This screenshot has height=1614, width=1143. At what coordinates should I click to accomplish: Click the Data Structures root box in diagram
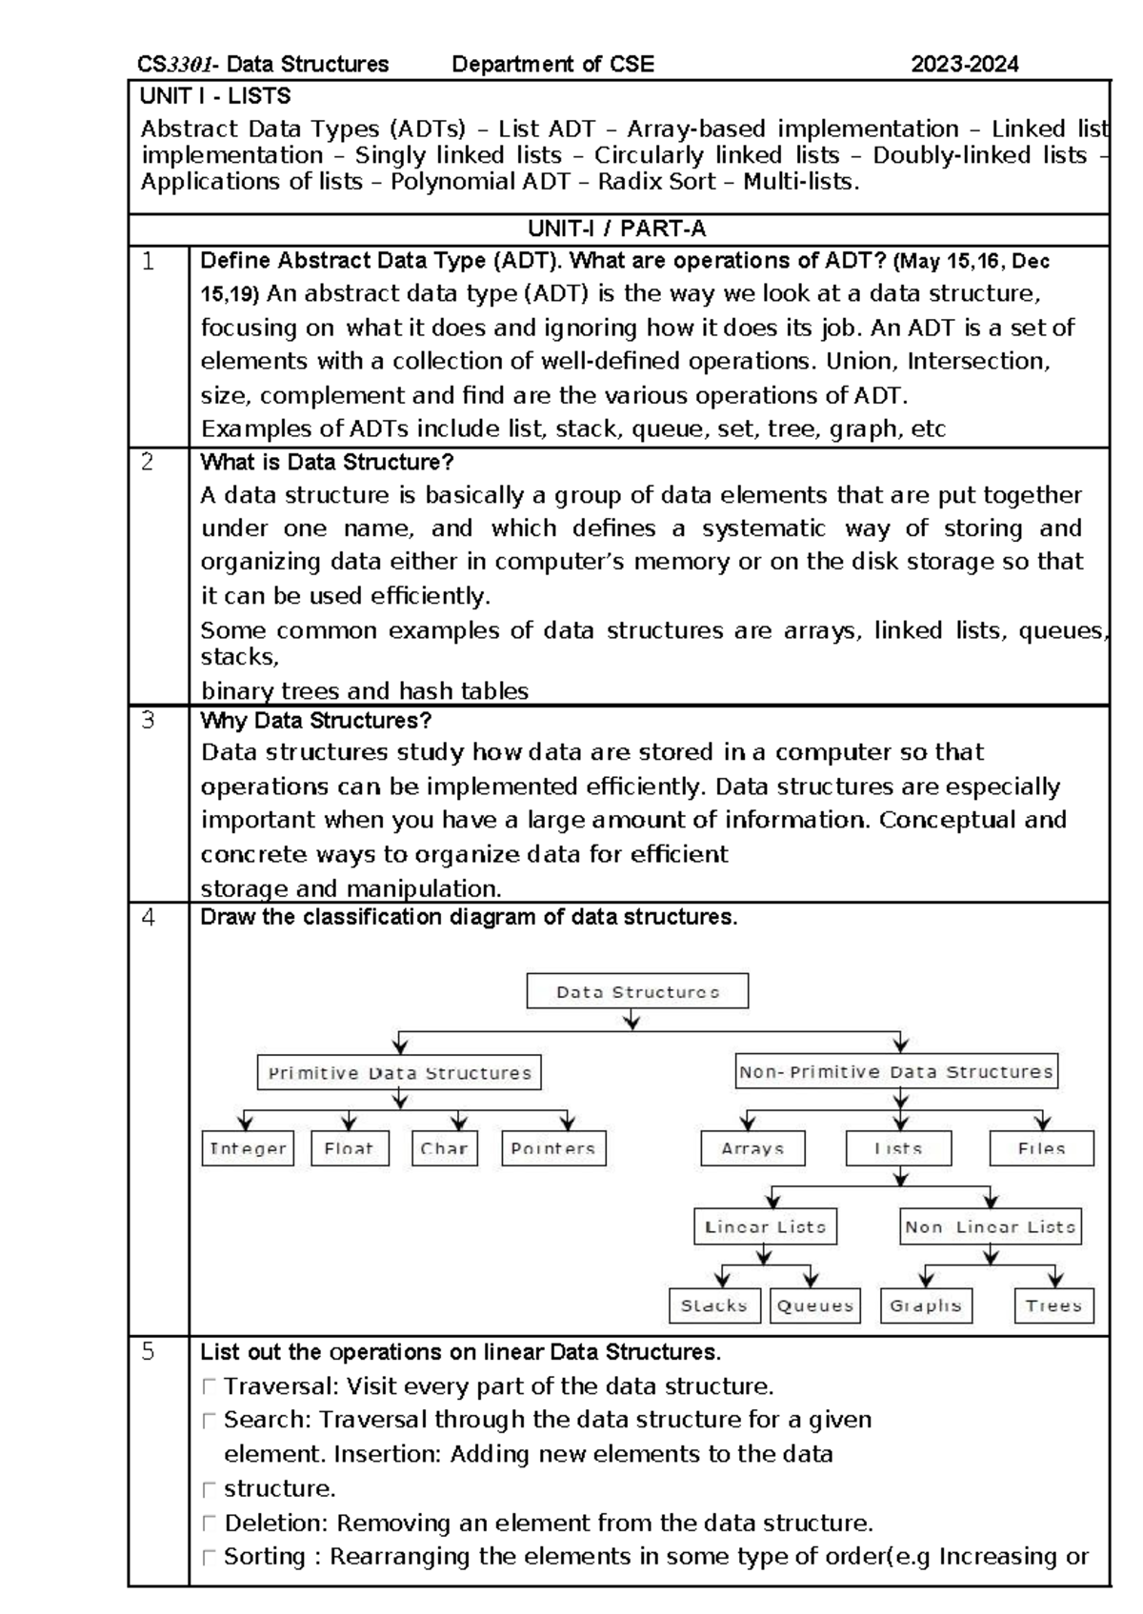pyautogui.click(x=637, y=991)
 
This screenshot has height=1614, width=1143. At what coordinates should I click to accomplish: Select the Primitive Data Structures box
pyautogui.click(x=399, y=1072)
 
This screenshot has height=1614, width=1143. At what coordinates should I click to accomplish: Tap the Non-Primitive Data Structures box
pyautogui.click(x=896, y=1071)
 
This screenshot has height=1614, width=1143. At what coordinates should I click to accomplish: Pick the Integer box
pyautogui.click(x=248, y=1148)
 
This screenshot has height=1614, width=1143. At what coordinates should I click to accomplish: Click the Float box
pyautogui.click(x=349, y=1148)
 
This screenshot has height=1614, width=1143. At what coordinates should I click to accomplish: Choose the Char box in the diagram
pyautogui.click(x=444, y=1148)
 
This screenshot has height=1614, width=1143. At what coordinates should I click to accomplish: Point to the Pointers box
pyautogui.click(x=553, y=1148)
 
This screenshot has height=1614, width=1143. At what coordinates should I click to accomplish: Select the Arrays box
pyautogui.click(x=752, y=1148)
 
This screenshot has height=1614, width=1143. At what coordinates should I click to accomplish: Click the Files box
pyautogui.click(x=1041, y=1148)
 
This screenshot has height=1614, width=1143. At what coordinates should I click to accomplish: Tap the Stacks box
pyautogui.click(x=714, y=1305)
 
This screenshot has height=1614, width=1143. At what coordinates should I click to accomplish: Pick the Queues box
pyautogui.click(x=814, y=1305)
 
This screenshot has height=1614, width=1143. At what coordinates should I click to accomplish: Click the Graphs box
pyautogui.click(x=926, y=1305)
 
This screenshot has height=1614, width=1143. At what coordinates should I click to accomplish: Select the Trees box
pyautogui.click(x=1053, y=1305)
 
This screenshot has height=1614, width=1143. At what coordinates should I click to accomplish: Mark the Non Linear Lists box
pyautogui.click(x=991, y=1226)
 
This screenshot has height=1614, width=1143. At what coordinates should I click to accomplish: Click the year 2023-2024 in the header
pyautogui.click(x=965, y=64)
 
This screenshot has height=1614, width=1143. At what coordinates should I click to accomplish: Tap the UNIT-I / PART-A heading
pyautogui.click(x=617, y=229)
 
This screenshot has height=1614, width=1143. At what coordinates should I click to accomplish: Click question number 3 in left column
pyautogui.click(x=148, y=721)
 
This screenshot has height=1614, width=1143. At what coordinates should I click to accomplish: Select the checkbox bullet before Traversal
pyautogui.click(x=209, y=1386)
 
